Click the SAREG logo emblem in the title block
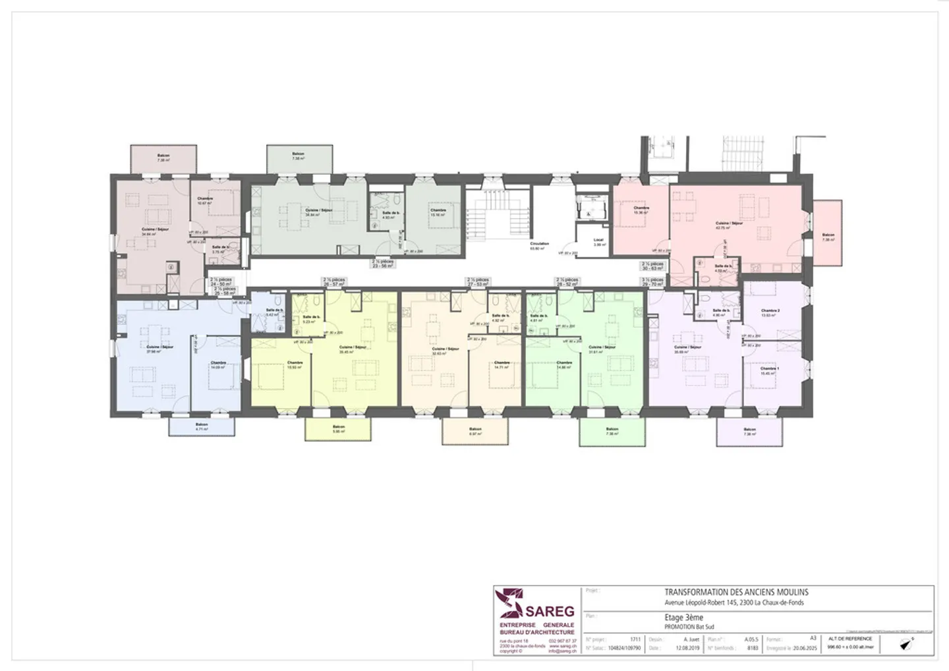click(x=511, y=604)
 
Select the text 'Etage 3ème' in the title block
click(x=683, y=618)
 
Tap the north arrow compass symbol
click(x=907, y=643)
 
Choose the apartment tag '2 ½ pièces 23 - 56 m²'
click(x=382, y=263)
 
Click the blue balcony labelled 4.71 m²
click(x=201, y=426)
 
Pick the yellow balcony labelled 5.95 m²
click(x=339, y=429)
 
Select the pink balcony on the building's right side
click(x=827, y=233)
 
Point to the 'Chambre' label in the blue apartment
click(x=218, y=365)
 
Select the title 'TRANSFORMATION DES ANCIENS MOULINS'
click(x=736, y=593)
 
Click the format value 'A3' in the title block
click(x=813, y=638)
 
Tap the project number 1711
click(x=635, y=639)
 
